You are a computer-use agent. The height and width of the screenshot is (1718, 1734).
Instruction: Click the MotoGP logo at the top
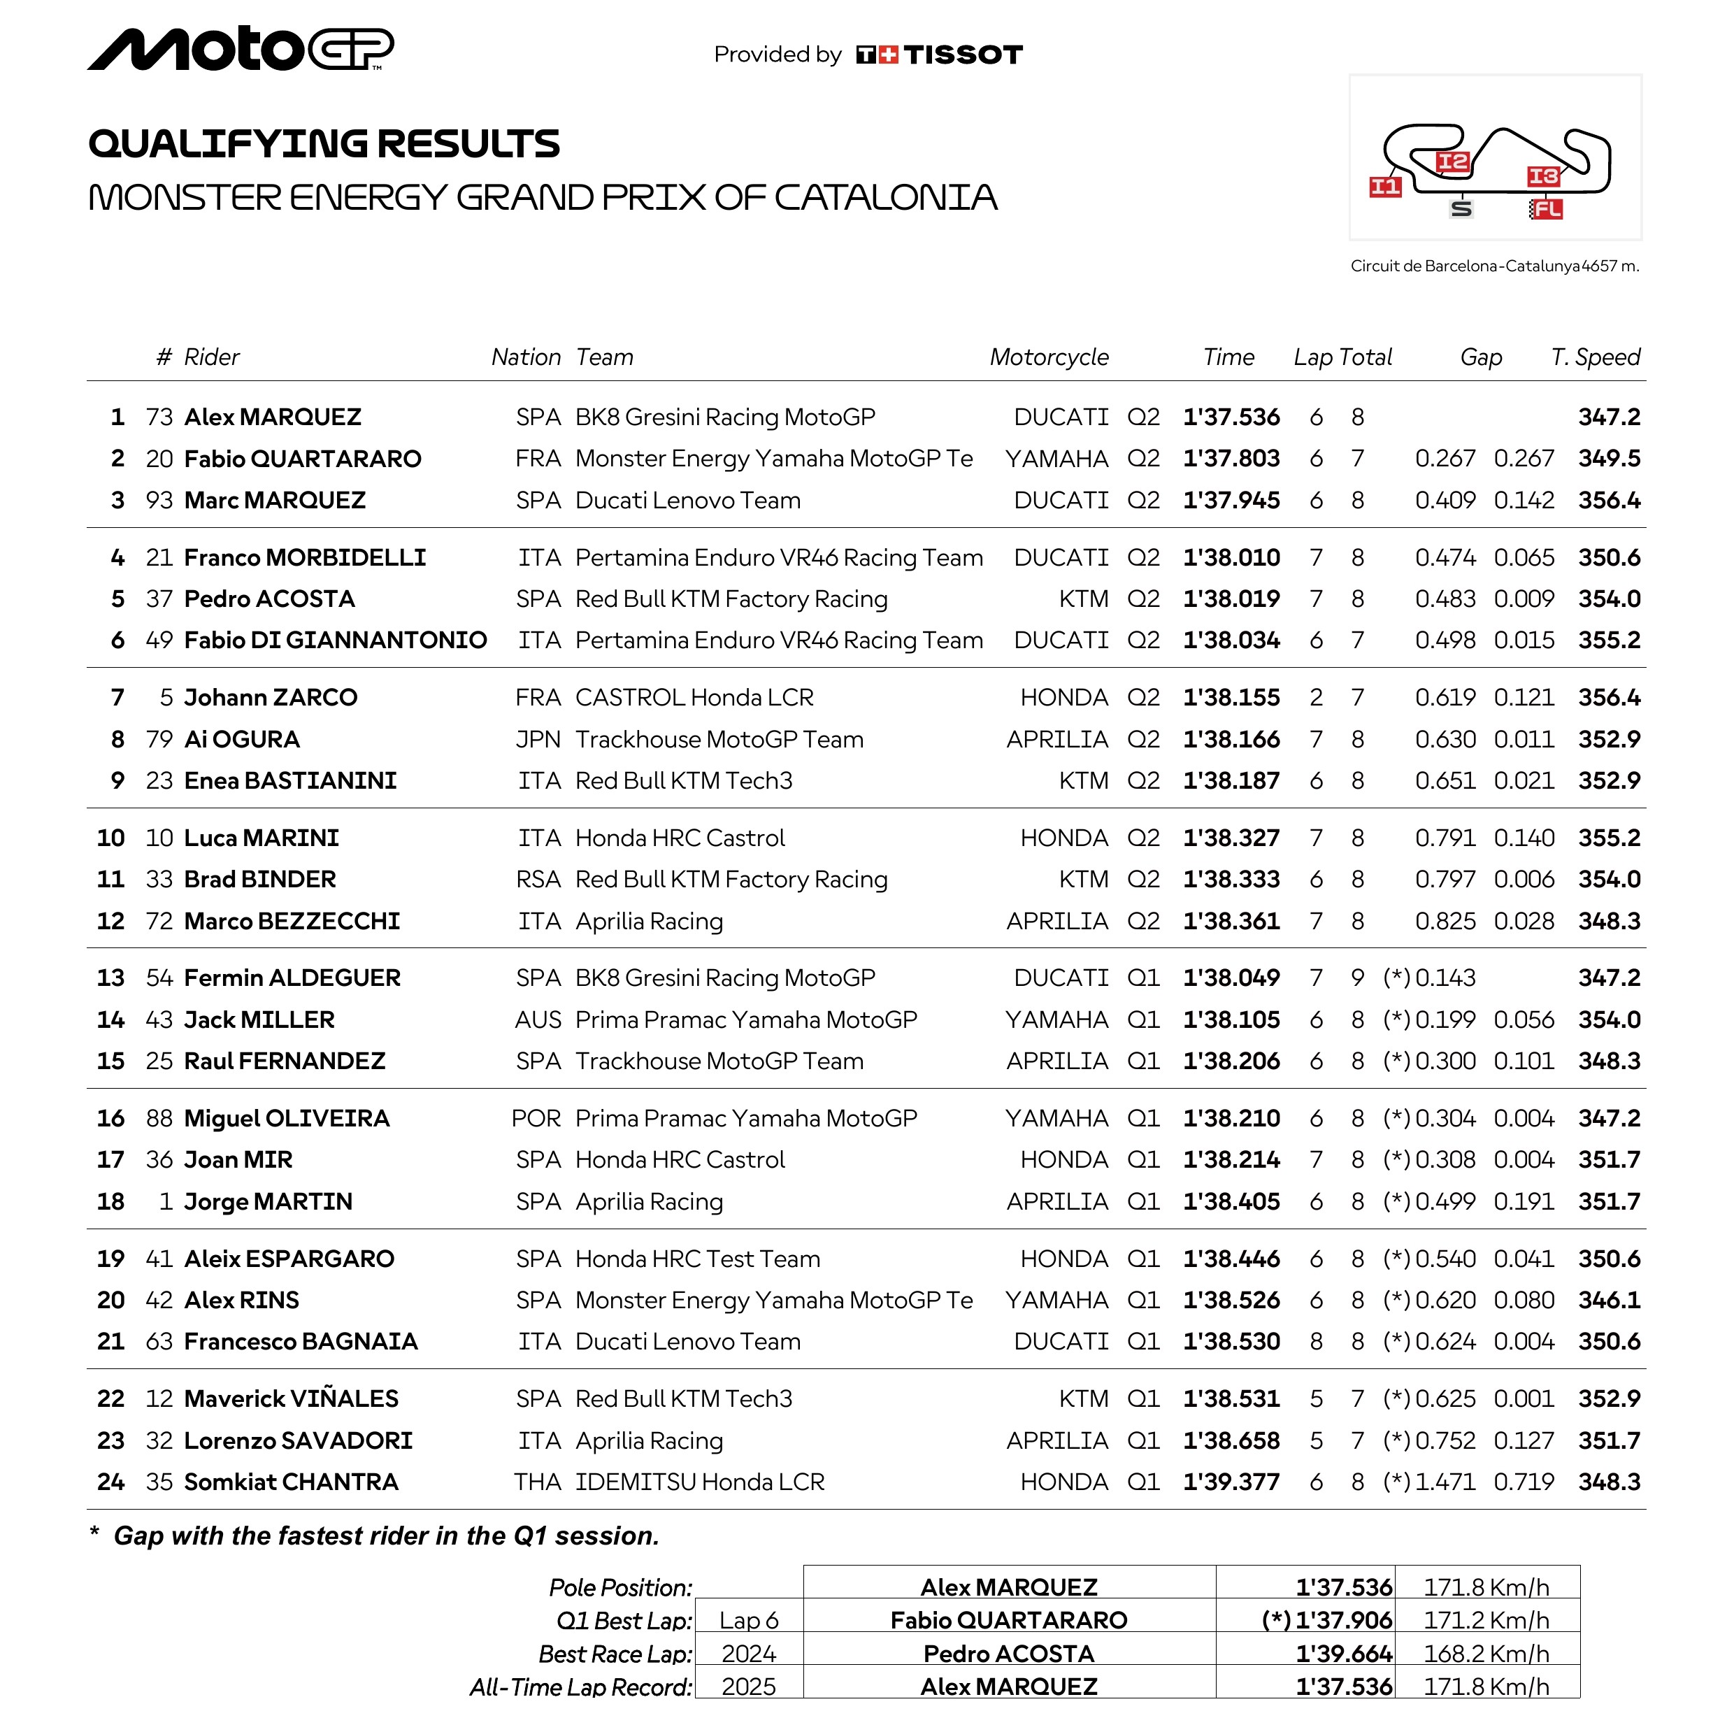(240, 50)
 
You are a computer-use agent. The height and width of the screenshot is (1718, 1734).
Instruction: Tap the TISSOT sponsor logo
(939, 55)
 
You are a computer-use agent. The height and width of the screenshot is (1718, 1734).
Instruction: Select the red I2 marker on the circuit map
(1452, 162)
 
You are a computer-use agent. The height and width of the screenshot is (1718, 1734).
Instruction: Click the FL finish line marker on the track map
(1547, 209)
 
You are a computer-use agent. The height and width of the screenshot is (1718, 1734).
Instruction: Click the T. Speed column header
(1595, 357)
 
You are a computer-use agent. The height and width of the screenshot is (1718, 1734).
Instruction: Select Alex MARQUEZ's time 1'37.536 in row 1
(1231, 417)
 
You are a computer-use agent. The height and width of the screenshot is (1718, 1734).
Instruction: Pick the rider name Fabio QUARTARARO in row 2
(303, 459)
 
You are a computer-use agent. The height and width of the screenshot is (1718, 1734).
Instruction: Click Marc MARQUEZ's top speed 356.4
(1608, 500)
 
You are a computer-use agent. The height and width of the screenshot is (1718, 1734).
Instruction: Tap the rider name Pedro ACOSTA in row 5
(269, 599)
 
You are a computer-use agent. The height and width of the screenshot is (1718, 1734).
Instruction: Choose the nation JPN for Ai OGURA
(538, 740)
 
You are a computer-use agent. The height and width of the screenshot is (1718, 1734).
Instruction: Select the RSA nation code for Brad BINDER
(538, 880)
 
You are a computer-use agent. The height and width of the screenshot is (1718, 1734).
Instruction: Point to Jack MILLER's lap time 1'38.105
(1231, 1019)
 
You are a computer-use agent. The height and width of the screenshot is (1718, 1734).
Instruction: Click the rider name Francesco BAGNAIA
(301, 1341)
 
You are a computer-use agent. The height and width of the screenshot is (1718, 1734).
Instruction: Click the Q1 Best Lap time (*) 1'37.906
(1328, 1620)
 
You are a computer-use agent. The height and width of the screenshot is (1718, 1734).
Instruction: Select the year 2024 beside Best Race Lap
(749, 1654)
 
